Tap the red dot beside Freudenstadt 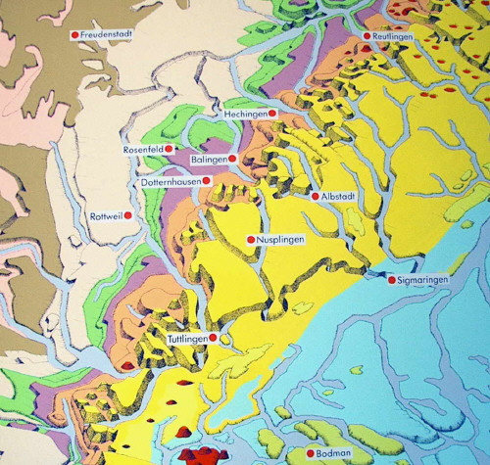tap(74, 34)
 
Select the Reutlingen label tap(394, 36)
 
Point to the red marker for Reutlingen tap(367, 36)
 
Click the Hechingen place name tap(246, 114)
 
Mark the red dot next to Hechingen tap(273, 114)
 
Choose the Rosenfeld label tap(142, 149)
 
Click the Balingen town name tap(210, 159)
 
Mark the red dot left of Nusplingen tap(251, 240)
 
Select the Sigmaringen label tap(422, 280)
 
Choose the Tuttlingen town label tap(187, 339)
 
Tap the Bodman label tap(334, 454)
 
